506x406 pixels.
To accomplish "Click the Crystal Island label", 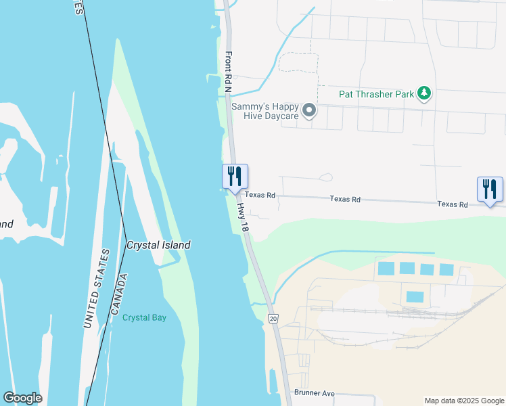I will [158, 245].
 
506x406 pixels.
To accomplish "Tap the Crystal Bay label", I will [144, 317].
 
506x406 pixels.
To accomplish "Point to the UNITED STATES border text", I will [95, 289].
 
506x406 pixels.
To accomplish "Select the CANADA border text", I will [118, 295].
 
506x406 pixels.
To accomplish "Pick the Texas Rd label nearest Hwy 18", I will [260, 195].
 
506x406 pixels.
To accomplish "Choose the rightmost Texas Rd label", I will [452, 204].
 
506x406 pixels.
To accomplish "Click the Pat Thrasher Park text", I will [376, 94].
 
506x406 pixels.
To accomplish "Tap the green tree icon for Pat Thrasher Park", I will [424, 93].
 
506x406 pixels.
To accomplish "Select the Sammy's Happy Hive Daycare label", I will [264, 111].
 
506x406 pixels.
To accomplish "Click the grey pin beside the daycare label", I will [309, 110].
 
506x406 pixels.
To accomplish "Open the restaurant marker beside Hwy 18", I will [235, 177].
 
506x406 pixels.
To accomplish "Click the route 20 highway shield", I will [273, 318].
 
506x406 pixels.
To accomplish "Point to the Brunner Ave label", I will [315, 392].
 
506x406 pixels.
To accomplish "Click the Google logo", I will [22, 398].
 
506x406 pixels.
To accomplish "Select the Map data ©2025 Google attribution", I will [463, 401].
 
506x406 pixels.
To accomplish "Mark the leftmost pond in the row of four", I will [385, 268].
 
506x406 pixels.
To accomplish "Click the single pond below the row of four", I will [415, 296].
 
